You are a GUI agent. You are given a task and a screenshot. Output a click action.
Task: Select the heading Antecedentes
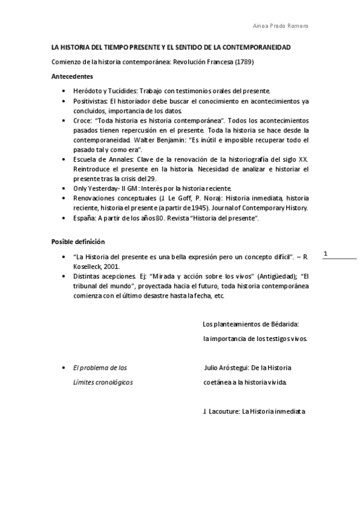[x=72, y=76]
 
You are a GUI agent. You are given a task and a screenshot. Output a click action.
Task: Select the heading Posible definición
[x=78, y=242]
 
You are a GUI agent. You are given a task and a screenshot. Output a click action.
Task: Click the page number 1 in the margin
[x=325, y=254]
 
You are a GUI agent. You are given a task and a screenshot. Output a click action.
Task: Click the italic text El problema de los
[x=100, y=367]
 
